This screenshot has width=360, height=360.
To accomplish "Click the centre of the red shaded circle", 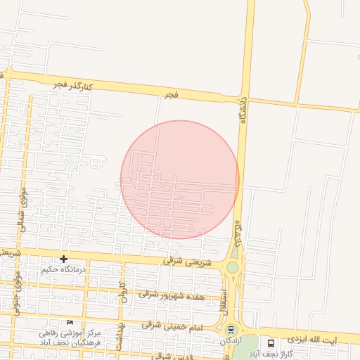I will [180, 180].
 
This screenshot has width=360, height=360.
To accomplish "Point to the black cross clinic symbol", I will [63, 259].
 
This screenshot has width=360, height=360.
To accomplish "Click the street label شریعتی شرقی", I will [182, 260].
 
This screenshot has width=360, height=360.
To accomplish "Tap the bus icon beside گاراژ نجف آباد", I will [271, 344].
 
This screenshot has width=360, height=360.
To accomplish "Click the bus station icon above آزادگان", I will [231, 329].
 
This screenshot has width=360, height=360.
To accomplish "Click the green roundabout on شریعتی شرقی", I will [232, 267].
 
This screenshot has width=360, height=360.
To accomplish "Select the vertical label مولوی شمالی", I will [22, 207].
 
